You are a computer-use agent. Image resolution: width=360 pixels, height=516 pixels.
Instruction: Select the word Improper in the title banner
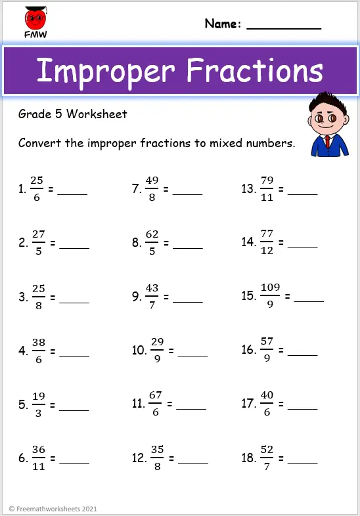click(x=106, y=71)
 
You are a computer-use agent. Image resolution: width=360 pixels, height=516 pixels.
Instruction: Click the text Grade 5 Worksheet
click(x=73, y=114)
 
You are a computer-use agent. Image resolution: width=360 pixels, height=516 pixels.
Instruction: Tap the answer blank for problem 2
click(x=74, y=248)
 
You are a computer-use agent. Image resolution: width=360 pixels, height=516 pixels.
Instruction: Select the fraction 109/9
click(x=270, y=296)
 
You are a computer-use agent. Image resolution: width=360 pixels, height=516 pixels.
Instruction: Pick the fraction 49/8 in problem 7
click(x=153, y=190)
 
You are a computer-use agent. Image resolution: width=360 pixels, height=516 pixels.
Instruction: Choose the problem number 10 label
click(x=139, y=350)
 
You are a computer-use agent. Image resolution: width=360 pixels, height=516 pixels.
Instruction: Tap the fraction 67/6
click(x=156, y=404)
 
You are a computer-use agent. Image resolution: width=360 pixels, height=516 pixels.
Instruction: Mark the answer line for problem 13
click(x=303, y=195)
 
